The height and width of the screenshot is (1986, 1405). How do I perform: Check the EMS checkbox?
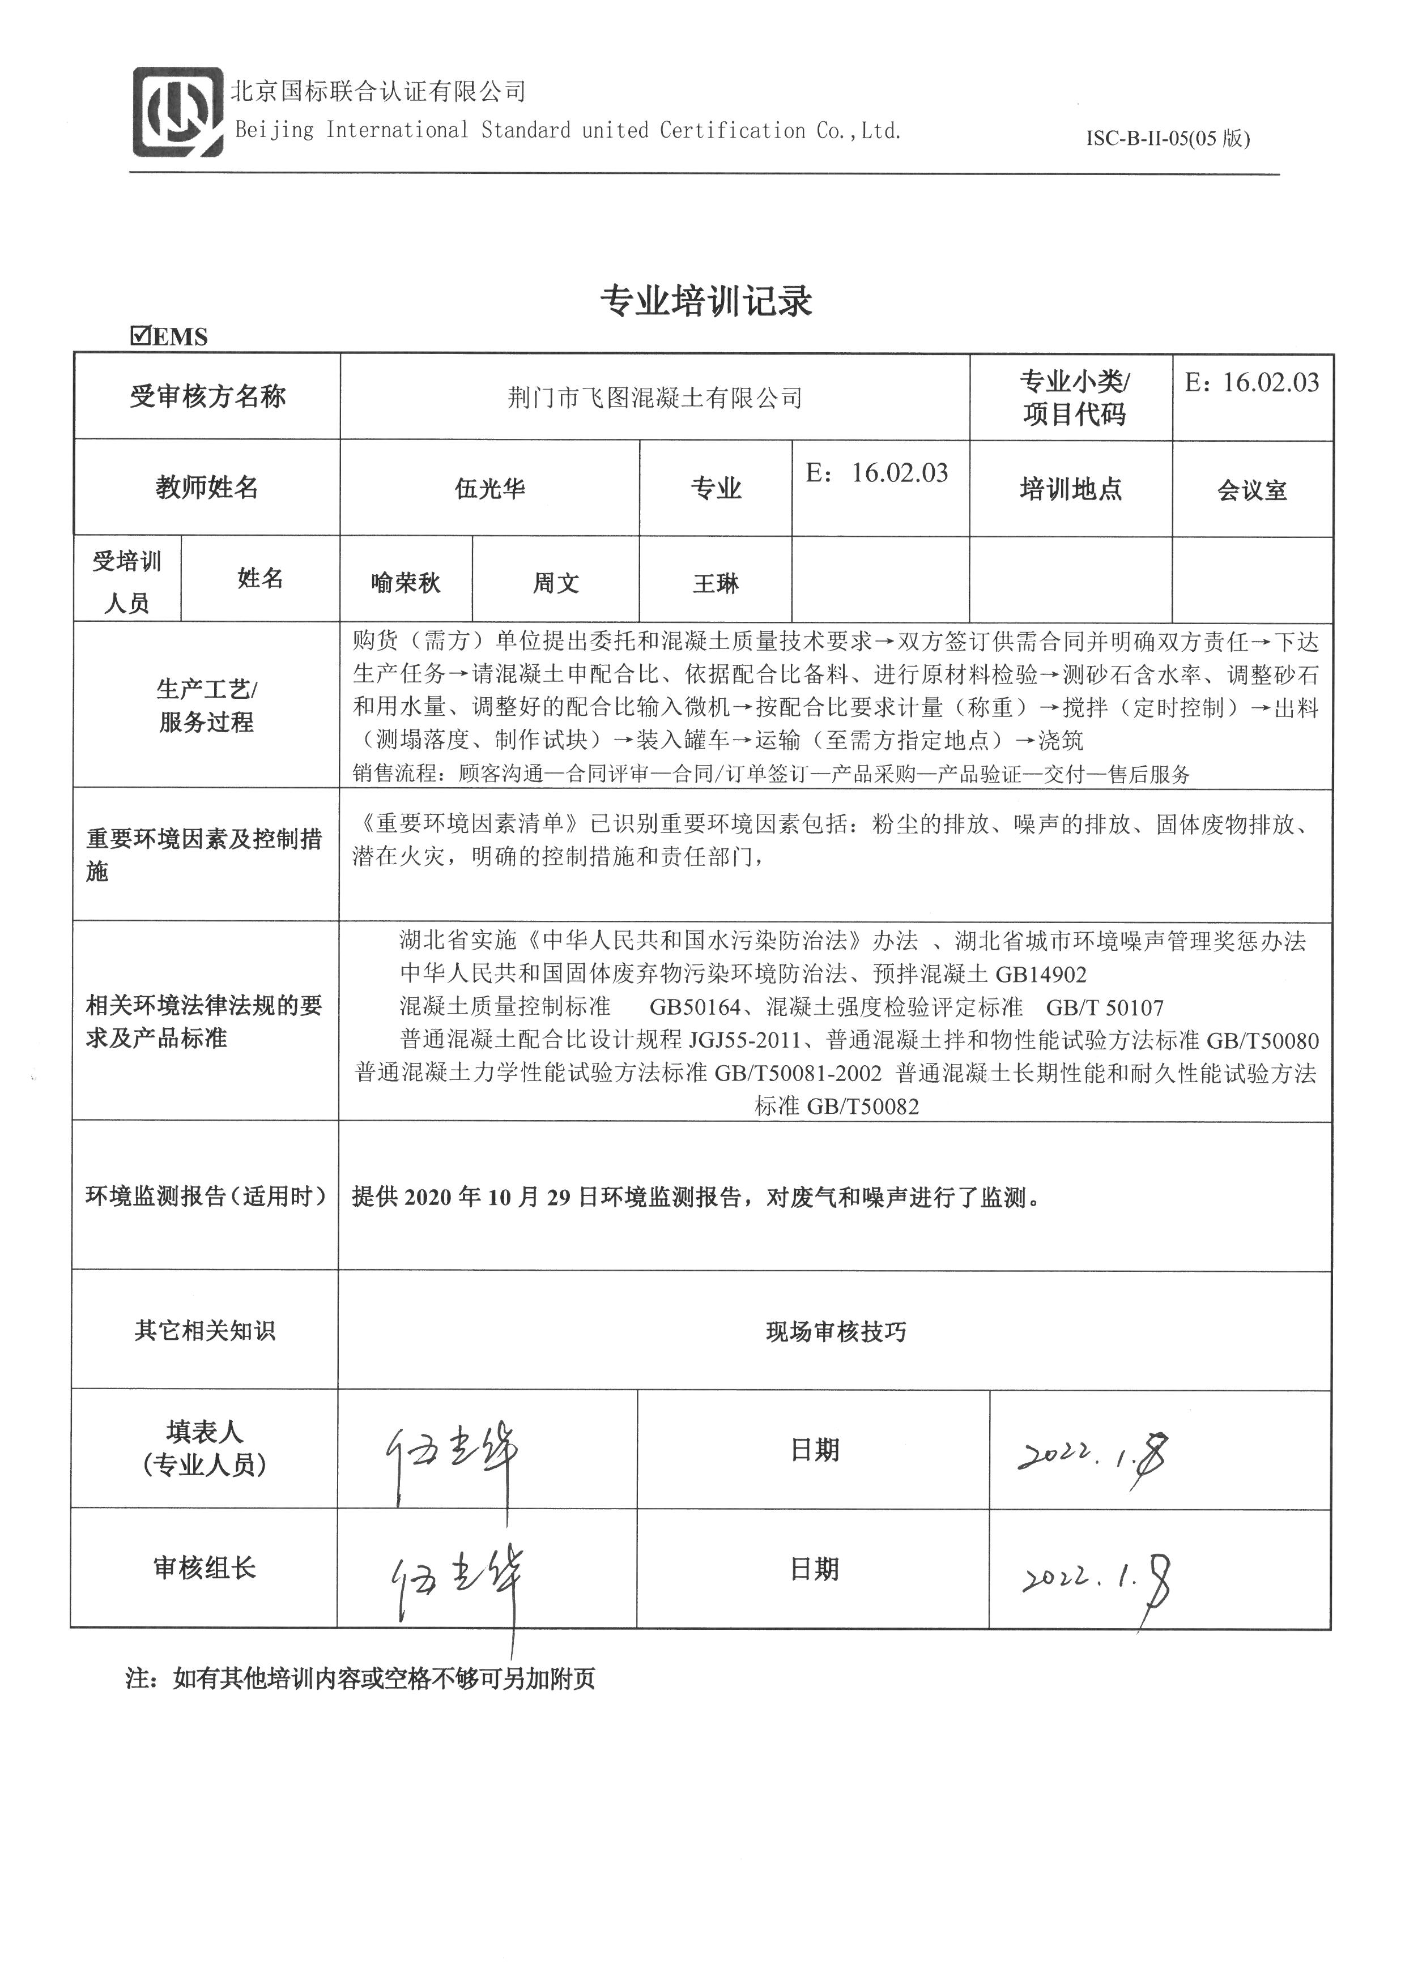[140, 336]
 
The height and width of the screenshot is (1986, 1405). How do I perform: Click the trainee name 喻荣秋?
[405, 583]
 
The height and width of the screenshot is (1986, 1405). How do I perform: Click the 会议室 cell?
[1252, 490]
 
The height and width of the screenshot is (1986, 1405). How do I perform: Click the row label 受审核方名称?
[208, 397]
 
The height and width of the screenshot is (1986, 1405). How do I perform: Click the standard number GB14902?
[1041, 975]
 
